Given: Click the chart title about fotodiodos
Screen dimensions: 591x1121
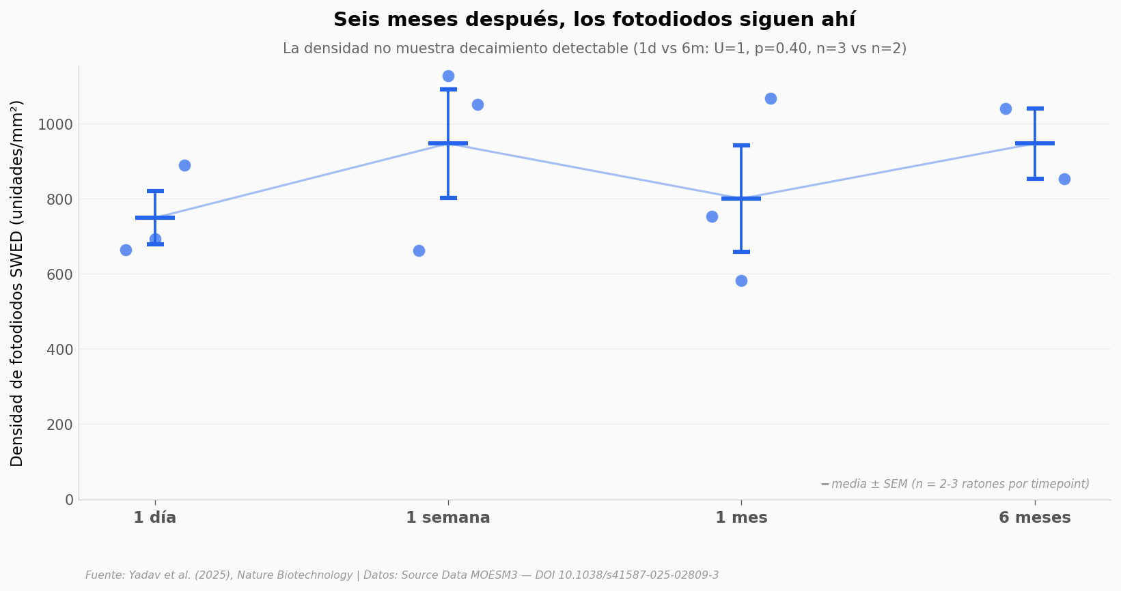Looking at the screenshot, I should click(594, 20).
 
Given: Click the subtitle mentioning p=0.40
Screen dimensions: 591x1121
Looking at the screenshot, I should click(594, 49).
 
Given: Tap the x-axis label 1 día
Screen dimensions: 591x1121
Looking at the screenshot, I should click(155, 518).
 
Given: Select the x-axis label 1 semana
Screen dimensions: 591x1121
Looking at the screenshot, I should click(448, 518).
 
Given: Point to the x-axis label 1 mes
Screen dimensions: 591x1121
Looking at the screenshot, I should click(741, 518).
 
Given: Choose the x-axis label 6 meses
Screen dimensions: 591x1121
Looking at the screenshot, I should click(1034, 518).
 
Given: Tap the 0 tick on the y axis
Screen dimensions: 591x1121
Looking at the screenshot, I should click(69, 500).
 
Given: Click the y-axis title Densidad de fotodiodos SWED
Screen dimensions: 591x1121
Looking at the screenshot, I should click(18, 283).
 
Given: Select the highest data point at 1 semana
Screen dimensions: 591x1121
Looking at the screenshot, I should click(448, 76).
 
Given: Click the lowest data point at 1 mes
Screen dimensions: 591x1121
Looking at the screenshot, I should click(741, 280).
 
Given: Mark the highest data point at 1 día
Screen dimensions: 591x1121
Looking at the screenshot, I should click(184, 165).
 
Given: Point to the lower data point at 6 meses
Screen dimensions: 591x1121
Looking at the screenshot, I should click(1064, 179).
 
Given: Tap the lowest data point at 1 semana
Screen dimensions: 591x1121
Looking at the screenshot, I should click(419, 250).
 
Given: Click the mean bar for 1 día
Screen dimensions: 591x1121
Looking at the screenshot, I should click(155, 218).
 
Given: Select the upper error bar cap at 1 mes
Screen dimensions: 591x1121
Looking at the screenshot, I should click(741, 145).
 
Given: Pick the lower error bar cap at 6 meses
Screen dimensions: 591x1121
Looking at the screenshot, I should click(1035, 179).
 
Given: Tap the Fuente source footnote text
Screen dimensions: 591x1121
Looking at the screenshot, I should click(402, 575).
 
